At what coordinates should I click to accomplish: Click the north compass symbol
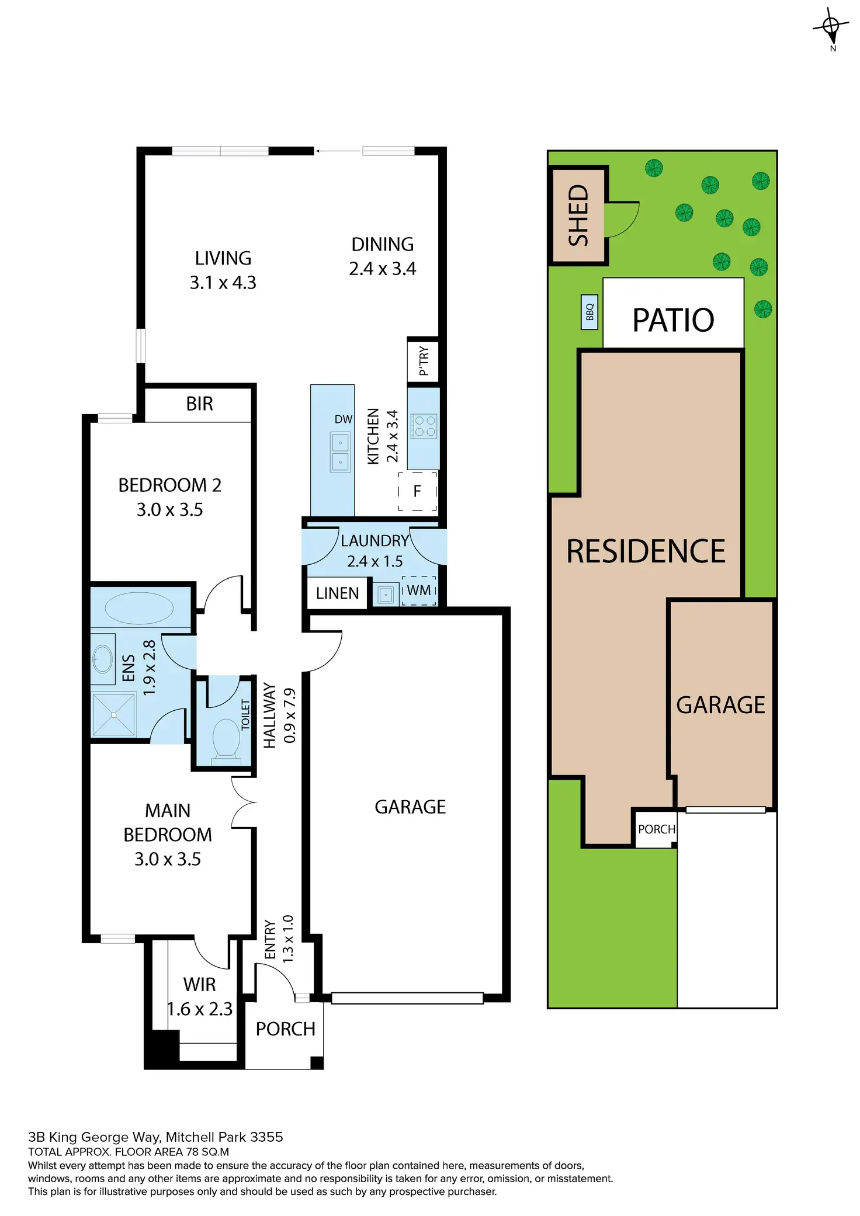831,27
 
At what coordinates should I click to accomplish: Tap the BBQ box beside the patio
589,312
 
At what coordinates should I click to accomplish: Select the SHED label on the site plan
578,216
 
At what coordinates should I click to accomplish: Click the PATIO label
673,320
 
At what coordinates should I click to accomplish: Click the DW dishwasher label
343,419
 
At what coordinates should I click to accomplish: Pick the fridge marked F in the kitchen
417,491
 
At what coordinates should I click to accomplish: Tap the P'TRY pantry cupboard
424,361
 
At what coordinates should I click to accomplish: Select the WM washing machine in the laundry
419,590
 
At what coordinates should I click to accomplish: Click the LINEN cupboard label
337,593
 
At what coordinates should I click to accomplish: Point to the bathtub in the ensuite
139,608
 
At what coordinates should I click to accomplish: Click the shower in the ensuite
114,715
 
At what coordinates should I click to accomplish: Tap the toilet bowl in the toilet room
226,738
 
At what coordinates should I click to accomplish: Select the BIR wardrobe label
199,404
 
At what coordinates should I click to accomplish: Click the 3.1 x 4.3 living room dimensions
223,283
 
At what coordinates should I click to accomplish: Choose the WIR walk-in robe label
199,985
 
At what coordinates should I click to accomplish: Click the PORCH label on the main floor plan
285,1029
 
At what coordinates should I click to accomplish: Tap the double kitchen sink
340,452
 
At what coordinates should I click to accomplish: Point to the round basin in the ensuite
103,659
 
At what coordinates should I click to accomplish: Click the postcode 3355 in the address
266,1137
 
